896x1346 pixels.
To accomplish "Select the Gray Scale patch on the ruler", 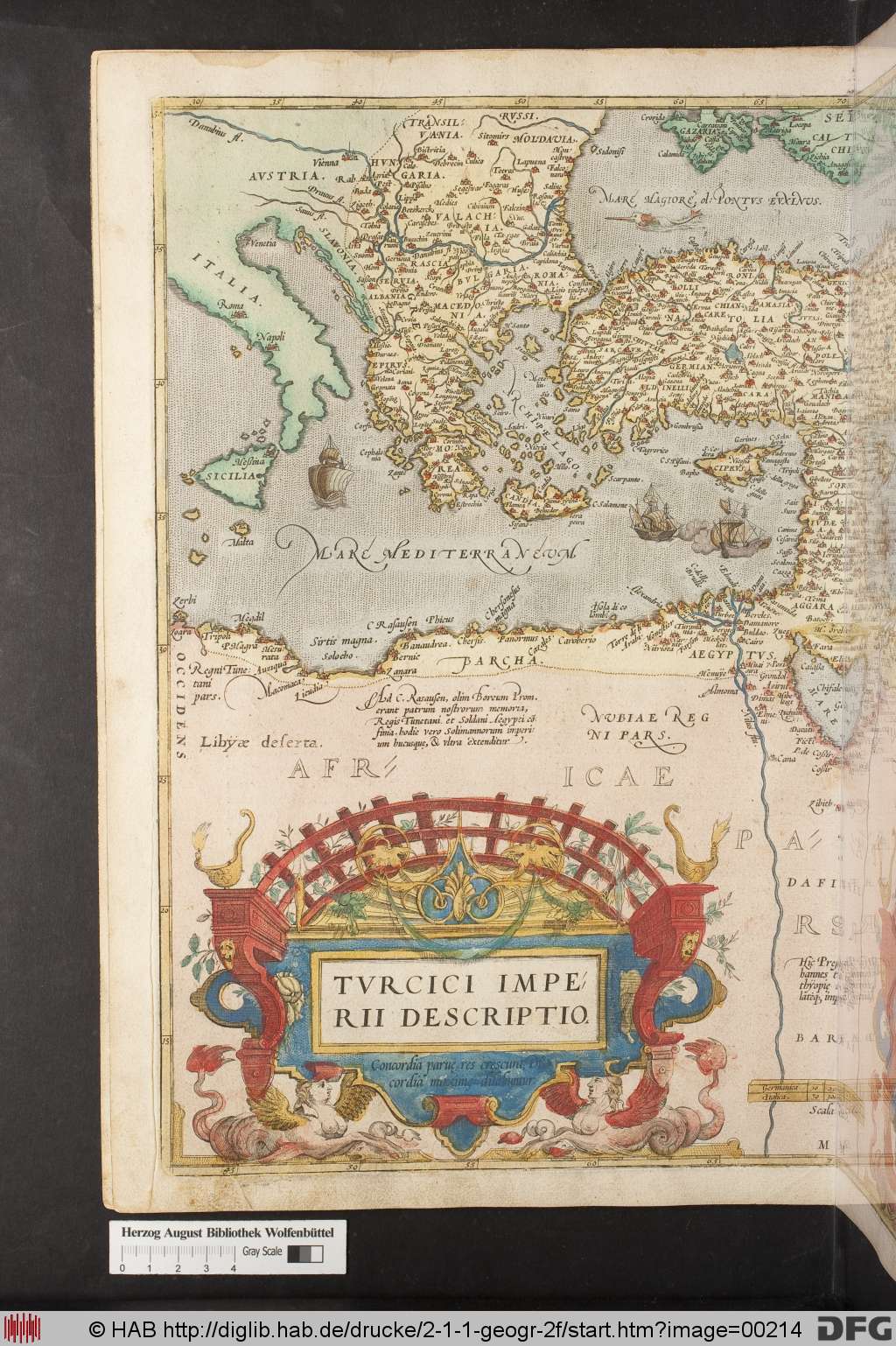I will click(304, 1252).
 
